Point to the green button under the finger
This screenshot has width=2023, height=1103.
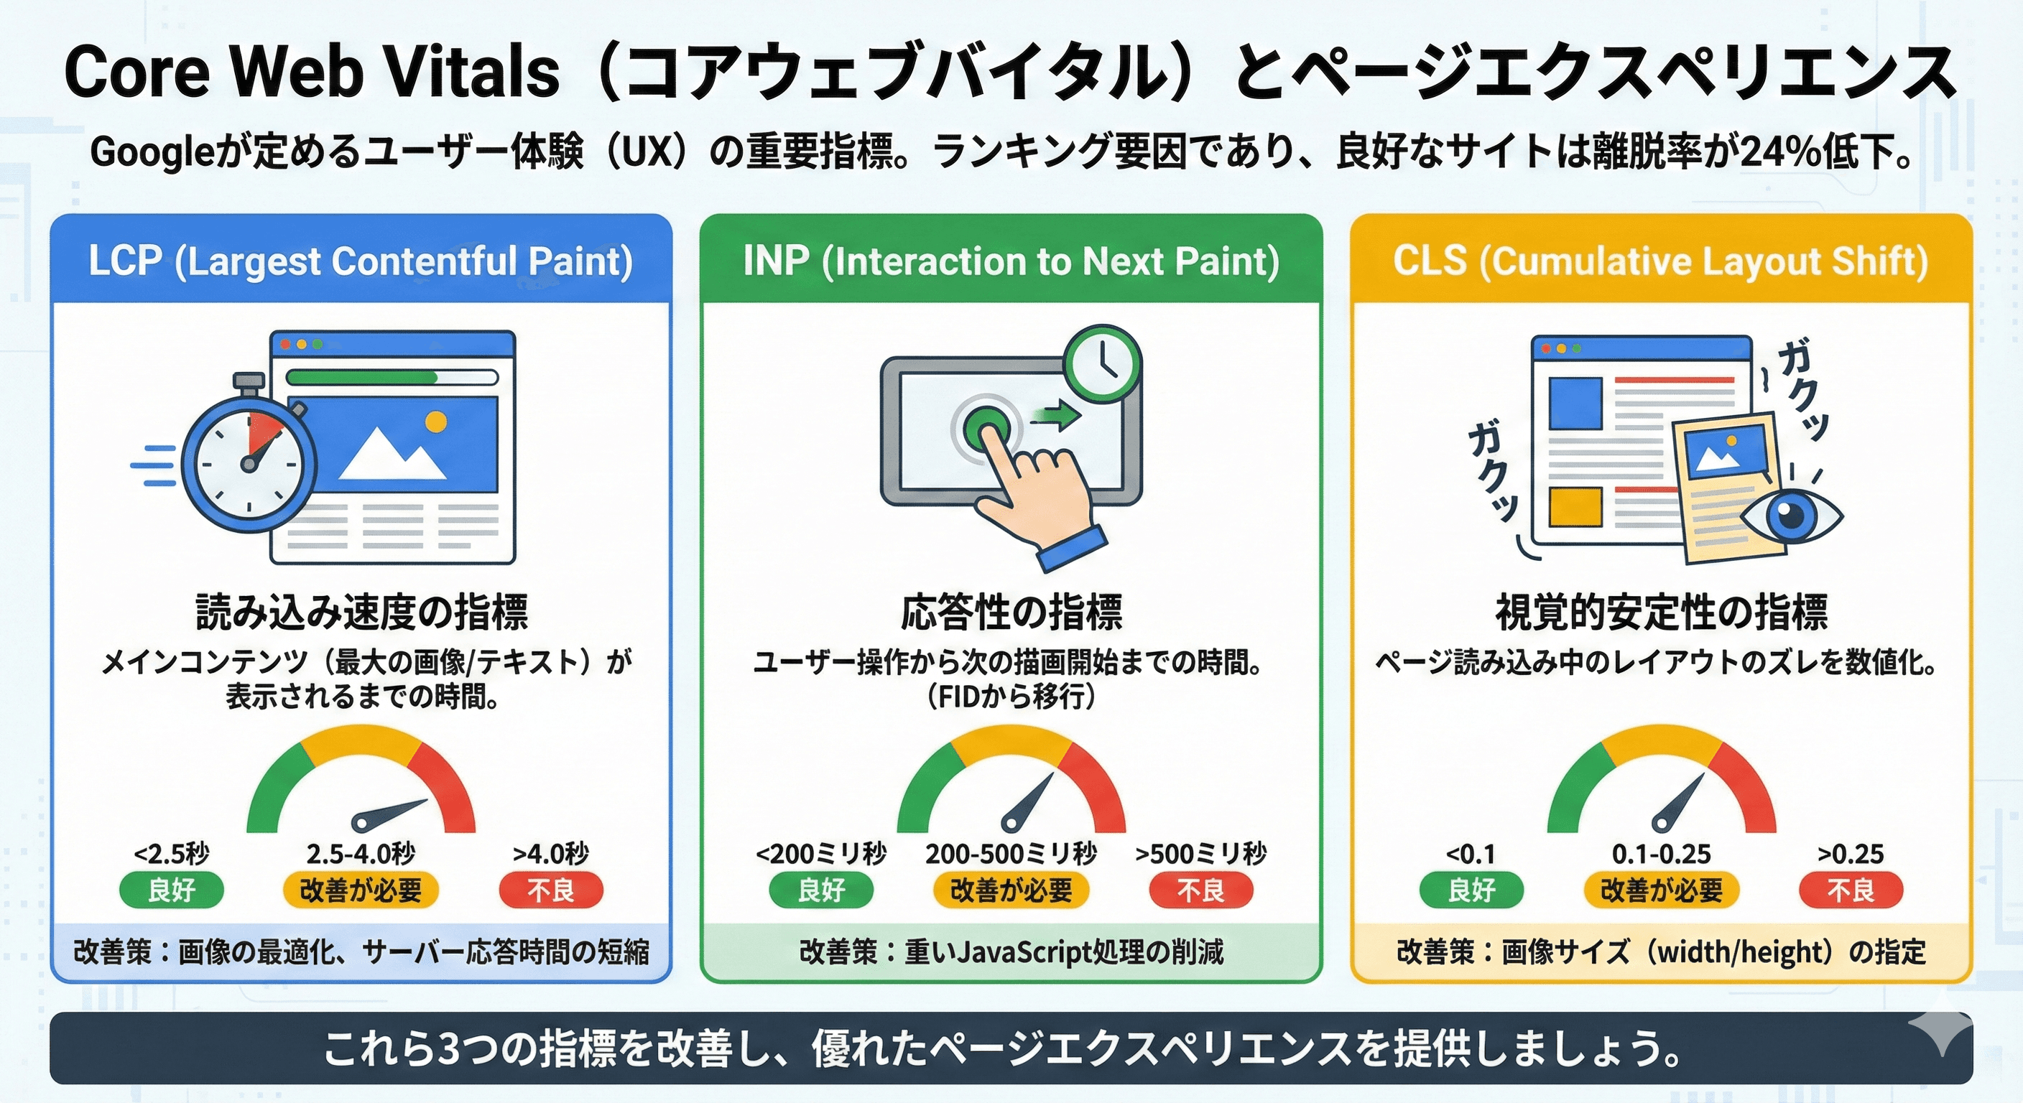click(985, 427)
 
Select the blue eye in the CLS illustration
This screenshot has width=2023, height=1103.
click(1790, 514)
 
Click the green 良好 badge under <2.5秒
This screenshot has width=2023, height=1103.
click(171, 890)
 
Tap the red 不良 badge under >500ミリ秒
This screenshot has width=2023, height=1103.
click(1200, 890)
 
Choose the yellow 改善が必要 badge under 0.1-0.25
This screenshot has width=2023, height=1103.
click(1661, 890)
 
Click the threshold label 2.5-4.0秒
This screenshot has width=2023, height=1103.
click(361, 853)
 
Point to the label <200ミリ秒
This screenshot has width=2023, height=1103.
click(820, 853)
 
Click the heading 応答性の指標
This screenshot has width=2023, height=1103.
click(1011, 613)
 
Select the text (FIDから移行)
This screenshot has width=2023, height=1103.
click(1011, 697)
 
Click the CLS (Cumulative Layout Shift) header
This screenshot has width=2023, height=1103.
click(1661, 261)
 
